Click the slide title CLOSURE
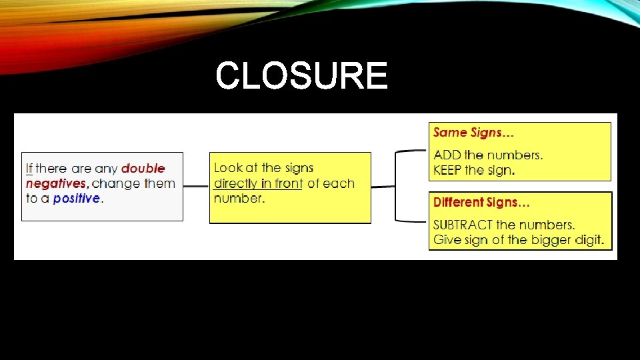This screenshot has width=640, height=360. (301, 75)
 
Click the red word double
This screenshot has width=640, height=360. (143, 169)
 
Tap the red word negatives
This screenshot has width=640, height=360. (57, 183)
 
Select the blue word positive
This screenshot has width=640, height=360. (77, 198)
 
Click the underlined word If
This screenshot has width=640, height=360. (29, 169)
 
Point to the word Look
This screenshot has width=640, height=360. (228, 168)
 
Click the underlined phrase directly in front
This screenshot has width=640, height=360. (258, 183)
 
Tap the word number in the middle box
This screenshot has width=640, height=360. (238, 198)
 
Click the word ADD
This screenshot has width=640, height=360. (447, 155)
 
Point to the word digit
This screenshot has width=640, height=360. (587, 239)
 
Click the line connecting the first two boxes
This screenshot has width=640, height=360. (196, 187)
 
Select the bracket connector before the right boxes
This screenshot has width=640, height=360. (397, 187)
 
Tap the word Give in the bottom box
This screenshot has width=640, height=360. (446, 239)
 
